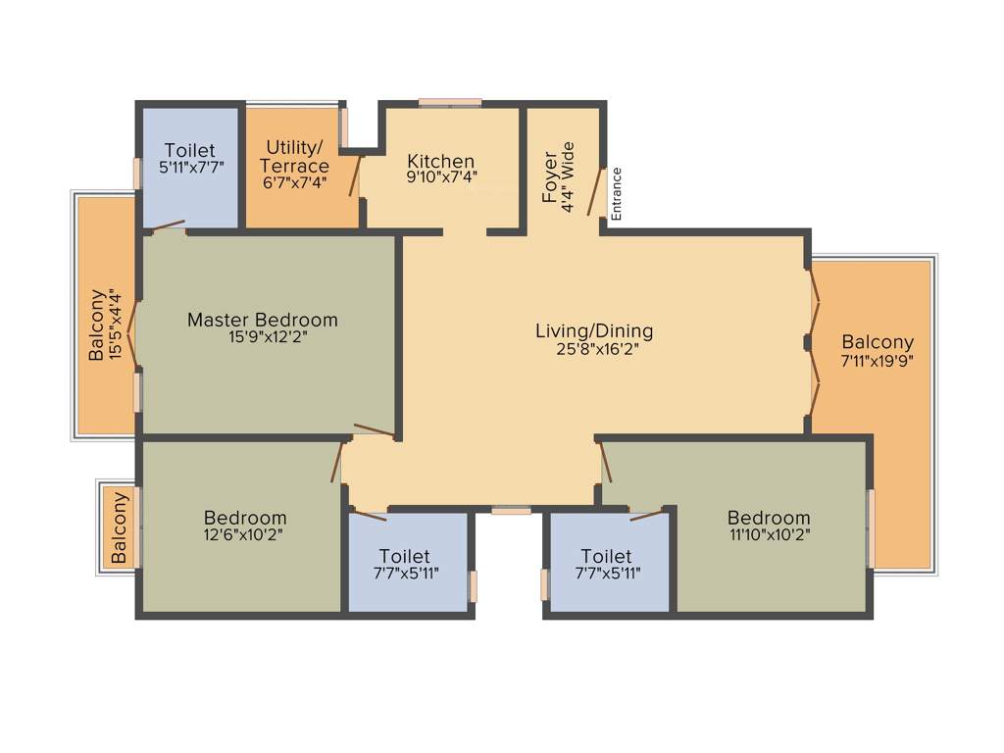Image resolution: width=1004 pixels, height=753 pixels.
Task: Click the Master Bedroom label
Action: click(x=262, y=320)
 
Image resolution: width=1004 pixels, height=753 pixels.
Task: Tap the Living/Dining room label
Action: click(x=594, y=330)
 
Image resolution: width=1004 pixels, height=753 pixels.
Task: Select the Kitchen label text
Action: click(x=441, y=161)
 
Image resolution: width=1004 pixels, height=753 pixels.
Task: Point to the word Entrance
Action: click(x=617, y=193)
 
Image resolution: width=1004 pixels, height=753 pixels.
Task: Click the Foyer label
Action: click(x=550, y=177)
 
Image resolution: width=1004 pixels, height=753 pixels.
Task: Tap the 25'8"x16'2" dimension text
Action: click(x=595, y=349)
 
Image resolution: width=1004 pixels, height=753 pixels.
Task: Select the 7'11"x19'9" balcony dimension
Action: click(x=878, y=361)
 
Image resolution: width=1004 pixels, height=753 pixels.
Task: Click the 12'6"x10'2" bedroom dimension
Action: click(x=245, y=534)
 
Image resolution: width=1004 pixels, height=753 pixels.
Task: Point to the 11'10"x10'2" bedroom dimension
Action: click(x=769, y=534)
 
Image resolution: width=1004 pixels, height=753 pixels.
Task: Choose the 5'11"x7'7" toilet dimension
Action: click(x=191, y=167)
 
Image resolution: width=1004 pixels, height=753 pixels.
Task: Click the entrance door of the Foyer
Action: click(x=595, y=193)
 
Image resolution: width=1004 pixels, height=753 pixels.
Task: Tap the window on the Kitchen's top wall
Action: click(x=450, y=102)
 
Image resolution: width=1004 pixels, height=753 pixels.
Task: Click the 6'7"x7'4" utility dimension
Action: click(x=294, y=181)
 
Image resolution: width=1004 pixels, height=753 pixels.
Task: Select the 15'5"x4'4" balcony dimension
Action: click(x=116, y=324)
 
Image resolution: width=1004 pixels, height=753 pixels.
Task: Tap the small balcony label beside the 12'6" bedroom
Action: click(x=119, y=527)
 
